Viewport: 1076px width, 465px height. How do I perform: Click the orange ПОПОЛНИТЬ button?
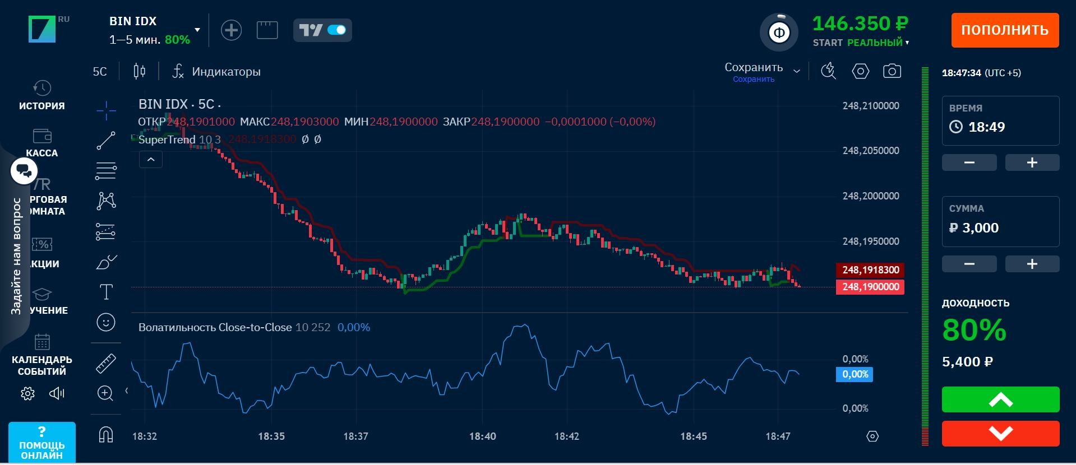(1005, 30)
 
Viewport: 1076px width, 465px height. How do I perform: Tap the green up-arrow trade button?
(1000, 400)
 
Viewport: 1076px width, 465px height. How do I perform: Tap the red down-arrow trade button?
(1000, 433)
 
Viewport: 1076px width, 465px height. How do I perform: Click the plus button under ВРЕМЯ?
(1032, 162)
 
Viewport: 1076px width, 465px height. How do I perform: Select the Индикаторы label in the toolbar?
(226, 72)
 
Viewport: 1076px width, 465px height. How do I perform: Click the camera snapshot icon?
(892, 71)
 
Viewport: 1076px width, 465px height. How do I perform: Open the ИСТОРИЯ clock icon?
(42, 88)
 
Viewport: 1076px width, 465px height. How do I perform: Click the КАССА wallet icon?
(42, 136)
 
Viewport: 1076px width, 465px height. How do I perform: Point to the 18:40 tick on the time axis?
(482, 436)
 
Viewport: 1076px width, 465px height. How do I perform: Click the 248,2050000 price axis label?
(870, 151)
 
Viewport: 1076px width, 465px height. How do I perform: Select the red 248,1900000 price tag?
(870, 287)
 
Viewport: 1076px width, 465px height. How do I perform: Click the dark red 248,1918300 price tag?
(870, 270)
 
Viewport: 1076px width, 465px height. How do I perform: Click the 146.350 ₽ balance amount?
(860, 24)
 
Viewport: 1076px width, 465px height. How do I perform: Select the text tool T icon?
(106, 292)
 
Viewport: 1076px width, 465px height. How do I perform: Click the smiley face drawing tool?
(106, 322)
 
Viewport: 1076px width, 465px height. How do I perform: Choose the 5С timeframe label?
(100, 72)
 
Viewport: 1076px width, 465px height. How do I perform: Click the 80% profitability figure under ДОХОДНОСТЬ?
(974, 330)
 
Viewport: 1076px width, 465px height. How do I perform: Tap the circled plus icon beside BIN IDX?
(231, 30)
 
